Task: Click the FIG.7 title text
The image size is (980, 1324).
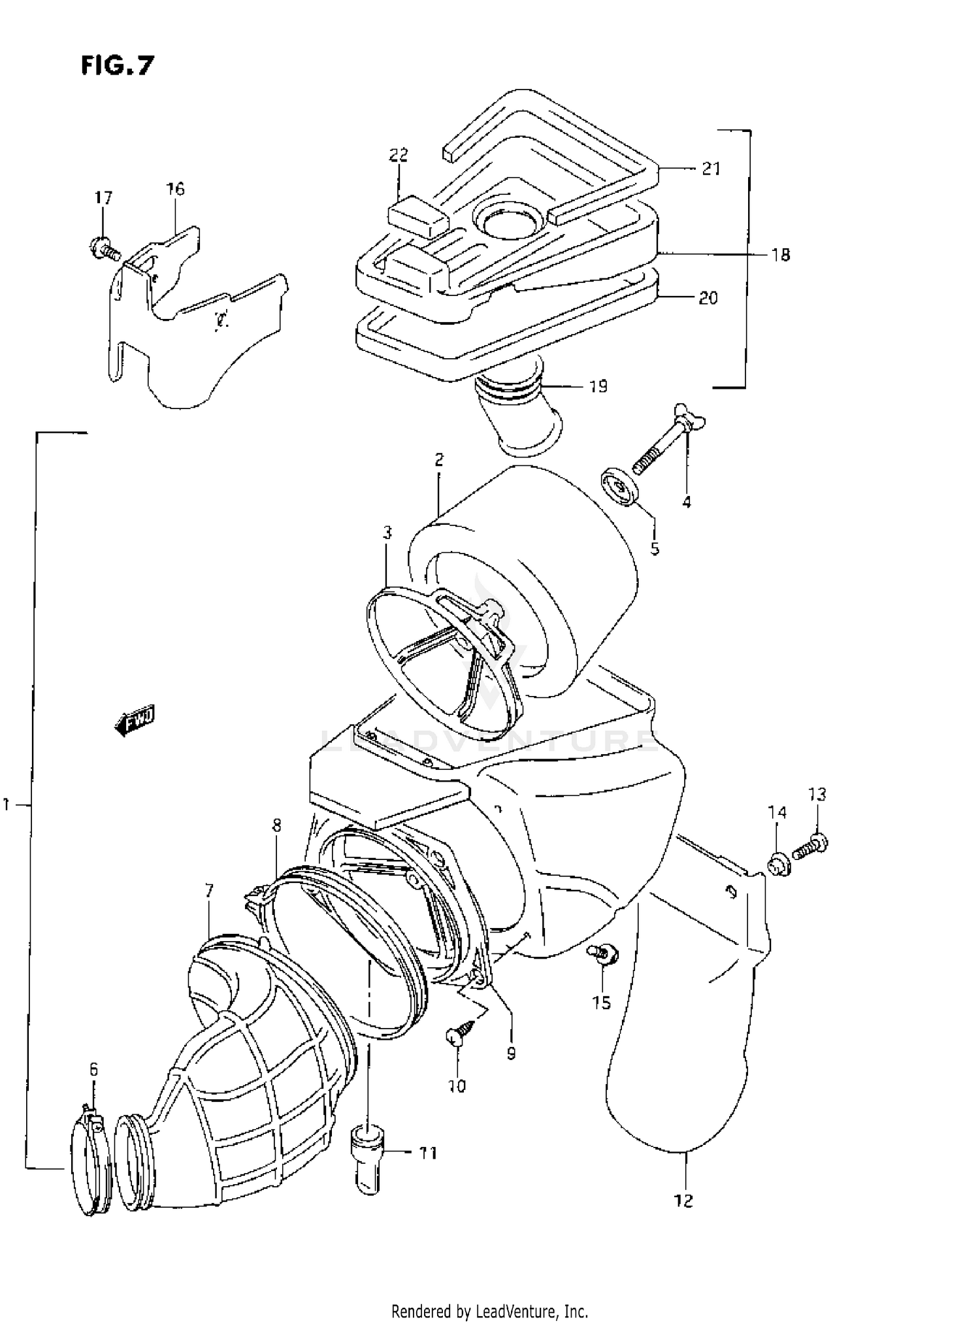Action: click(118, 65)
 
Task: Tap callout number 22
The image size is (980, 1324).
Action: click(398, 156)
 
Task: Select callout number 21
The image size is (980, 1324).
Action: click(711, 169)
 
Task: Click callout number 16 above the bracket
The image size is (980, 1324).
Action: click(175, 190)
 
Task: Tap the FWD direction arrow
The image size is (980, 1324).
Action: click(135, 721)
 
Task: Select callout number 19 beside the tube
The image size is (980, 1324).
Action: click(598, 387)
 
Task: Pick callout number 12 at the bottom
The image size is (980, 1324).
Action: click(683, 1200)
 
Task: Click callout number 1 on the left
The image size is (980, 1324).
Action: click(7, 805)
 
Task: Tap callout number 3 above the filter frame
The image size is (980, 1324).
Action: click(387, 533)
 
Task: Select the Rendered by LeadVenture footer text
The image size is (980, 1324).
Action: click(489, 1310)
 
